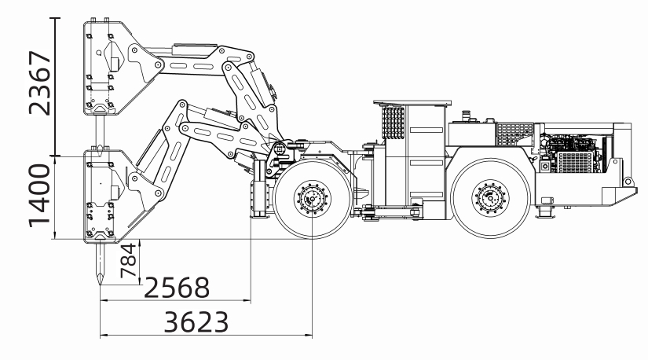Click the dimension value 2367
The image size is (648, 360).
tap(40, 83)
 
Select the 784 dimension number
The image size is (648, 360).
tap(128, 260)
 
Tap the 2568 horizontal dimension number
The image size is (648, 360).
tap(177, 288)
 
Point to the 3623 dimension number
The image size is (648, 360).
tap(196, 322)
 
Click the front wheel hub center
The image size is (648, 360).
tap(312, 199)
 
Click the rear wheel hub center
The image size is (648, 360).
tap(491, 198)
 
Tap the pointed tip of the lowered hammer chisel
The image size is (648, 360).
tap(100, 285)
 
